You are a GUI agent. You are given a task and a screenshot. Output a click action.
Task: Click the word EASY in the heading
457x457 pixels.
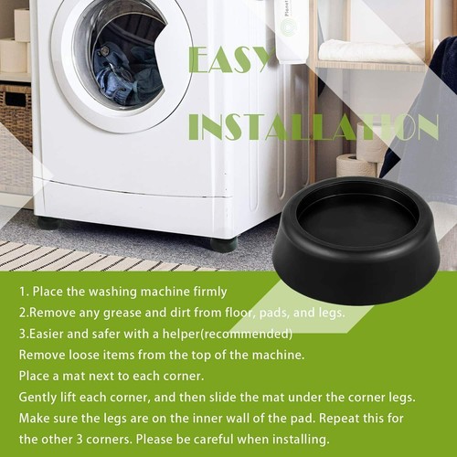click(231, 59)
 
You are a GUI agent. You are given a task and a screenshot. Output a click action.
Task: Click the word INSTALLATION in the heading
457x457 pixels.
click(314, 127)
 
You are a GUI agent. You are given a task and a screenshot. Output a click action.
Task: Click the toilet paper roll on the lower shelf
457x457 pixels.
click(356, 165)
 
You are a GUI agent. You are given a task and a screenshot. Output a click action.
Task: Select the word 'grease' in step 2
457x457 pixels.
click(128, 313)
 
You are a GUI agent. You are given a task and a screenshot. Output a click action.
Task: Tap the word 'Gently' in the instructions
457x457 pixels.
click(38, 397)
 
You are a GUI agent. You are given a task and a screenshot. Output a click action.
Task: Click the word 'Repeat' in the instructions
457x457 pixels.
click(352, 418)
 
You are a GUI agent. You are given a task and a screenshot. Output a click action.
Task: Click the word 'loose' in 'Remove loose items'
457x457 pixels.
click(91, 354)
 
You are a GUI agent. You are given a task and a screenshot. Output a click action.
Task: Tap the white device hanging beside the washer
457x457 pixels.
click(291, 32)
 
